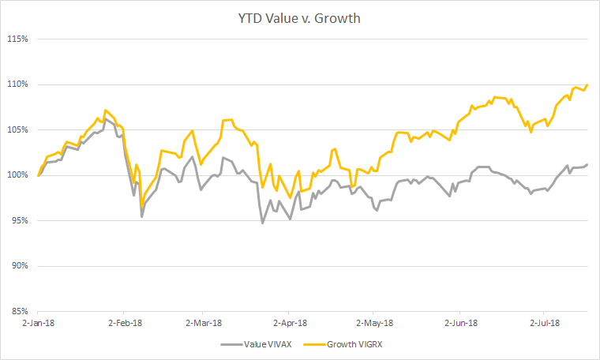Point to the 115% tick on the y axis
click(x=17, y=39)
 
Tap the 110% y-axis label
click(x=17, y=84)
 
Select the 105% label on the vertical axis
click(x=17, y=129)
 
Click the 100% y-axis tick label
click(x=17, y=175)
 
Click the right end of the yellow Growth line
click(x=587, y=84)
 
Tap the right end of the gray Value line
click(x=587, y=164)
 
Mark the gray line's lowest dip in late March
click(x=262, y=223)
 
